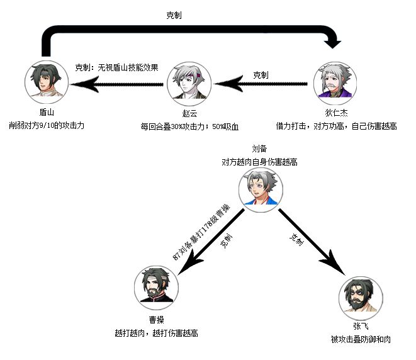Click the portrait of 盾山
[x=45, y=82]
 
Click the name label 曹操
[x=156, y=320]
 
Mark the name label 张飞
[x=360, y=327]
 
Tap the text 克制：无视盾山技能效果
[x=116, y=67]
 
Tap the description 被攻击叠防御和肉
[x=360, y=339]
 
